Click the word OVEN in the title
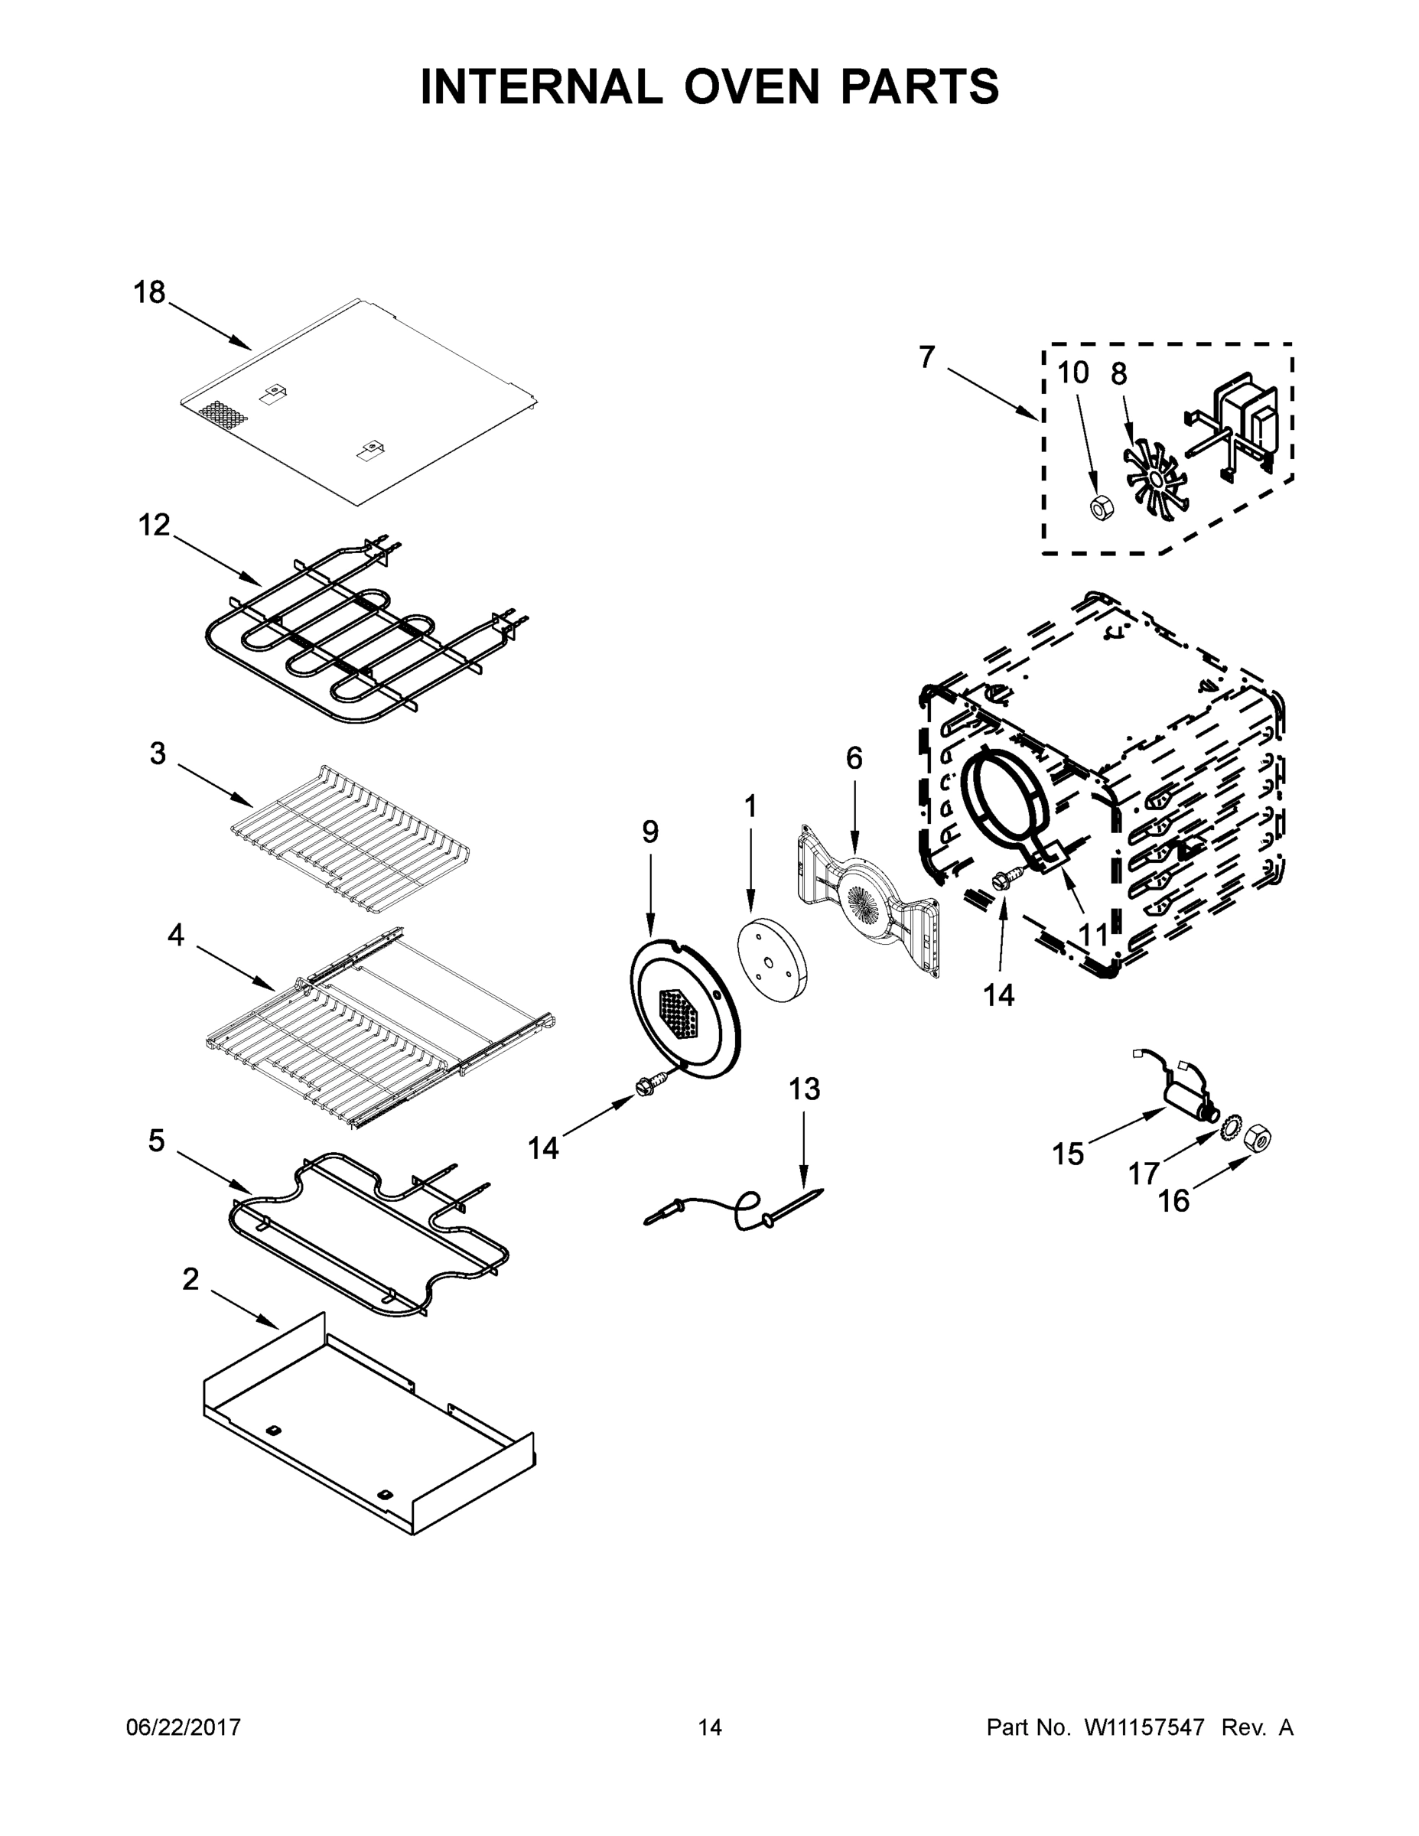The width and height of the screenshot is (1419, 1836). (x=750, y=86)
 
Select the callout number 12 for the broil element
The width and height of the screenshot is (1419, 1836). (x=154, y=525)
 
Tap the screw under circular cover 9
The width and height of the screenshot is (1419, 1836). (x=653, y=1086)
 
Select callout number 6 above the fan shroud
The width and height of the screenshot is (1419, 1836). (x=853, y=757)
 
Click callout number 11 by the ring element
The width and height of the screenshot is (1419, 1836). (x=1093, y=935)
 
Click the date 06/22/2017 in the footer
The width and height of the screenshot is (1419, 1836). (x=184, y=1727)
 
